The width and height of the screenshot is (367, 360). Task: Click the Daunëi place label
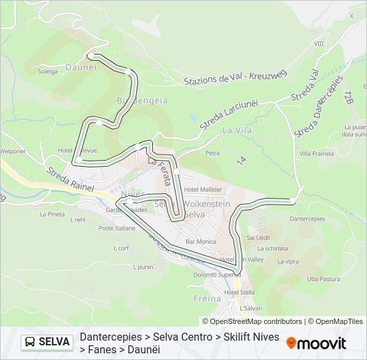(81, 67)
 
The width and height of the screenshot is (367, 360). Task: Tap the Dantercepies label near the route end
(308, 218)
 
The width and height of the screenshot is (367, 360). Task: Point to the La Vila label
(237, 130)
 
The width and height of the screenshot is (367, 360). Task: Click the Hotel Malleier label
(202, 189)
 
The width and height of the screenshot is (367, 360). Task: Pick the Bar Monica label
(201, 241)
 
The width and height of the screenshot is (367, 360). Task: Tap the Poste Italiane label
(116, 228)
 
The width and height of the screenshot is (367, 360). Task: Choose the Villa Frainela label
(316, 154)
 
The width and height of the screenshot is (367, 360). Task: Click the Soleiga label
(48, 71)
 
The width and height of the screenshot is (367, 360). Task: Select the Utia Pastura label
(324, 279)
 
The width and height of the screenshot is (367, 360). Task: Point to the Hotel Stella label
(240, 292)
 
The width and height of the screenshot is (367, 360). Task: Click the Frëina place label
(209, 299)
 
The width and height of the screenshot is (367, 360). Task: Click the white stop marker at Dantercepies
(292, 200)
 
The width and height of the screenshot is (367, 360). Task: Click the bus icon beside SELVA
(31, 342)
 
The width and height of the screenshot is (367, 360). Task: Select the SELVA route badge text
(55, 342)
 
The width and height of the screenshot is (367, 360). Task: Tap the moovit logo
(316, 343)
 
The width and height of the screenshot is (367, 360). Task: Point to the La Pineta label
(52, 214)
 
